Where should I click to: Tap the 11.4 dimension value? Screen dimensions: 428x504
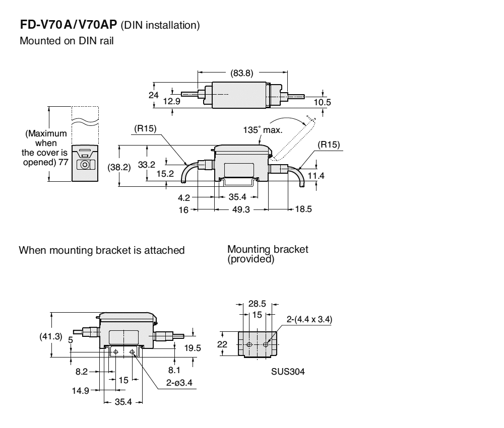[x=317, y=176]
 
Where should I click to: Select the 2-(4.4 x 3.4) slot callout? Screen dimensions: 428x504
[x=309, y=320]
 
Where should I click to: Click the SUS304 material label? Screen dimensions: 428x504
[x=291, y=372]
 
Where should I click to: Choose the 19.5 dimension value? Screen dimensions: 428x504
[x=193, y=347]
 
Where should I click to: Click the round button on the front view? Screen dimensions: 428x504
[x=85, y=165]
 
